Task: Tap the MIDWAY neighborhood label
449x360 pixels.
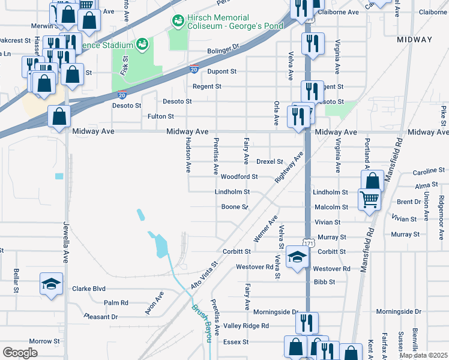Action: tap(414, 40)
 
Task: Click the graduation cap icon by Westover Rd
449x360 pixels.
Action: tap(297, 257)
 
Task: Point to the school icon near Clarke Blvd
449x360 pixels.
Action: tap(52, 283)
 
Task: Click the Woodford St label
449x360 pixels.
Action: tap(239, 177)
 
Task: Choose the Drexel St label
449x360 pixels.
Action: tap(270, 161)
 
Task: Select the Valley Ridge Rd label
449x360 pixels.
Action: tap(246, 326)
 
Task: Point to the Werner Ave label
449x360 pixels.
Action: tap(265, 229)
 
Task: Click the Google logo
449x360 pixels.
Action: tap(20, 352)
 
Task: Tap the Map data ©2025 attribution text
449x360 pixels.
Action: tap(424, 355)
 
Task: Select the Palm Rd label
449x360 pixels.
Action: tap(116, 303)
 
